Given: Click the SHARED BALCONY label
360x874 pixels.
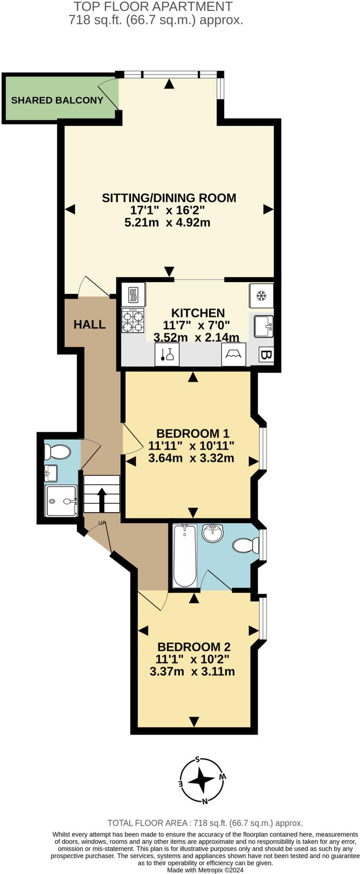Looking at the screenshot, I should click(x=57, y=100).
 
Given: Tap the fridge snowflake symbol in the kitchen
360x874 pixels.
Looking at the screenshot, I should click(x=261, y=295).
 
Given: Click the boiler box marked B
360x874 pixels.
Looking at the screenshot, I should click(x=266, y=355).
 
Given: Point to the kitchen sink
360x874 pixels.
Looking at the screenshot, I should click(x=263, y=326).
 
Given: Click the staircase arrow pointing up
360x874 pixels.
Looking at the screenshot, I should click(x=102, y=499).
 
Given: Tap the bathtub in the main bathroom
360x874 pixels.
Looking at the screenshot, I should click(x=185, y=556).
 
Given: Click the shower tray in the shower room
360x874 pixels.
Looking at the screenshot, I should click(x=61, y=501).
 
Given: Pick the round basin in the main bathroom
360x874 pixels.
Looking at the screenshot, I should click(x=212, y=533).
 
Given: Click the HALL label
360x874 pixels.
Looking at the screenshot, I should click(x=90, y=324).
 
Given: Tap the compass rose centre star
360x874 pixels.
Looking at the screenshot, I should click(x=201, y=780).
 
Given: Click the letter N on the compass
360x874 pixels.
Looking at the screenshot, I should click(x=205, y=801).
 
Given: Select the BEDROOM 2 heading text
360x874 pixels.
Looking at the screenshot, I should click(x=194, y=646).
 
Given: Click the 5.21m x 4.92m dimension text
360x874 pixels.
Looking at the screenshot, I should click(x=167, y=222).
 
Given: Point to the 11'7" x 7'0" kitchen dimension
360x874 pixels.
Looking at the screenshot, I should click(x=196, y=325).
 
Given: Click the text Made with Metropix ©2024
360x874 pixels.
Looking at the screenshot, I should click(x=205, y=870).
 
